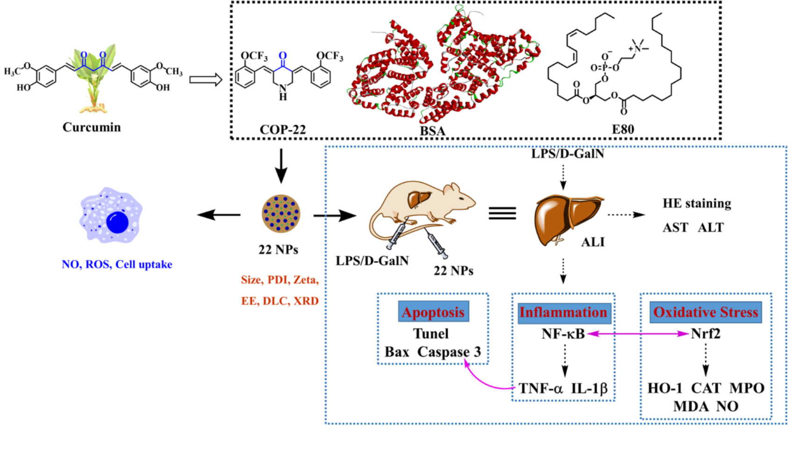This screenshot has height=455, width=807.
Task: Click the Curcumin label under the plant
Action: click(x=92, y=127)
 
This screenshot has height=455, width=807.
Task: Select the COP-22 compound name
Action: click(x=283, y=129)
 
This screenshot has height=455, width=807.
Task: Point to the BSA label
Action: click(x=432, y=131)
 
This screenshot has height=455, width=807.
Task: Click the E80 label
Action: click(x=623, y=129)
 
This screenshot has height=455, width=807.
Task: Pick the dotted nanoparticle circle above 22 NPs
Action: click(x=281, y=213)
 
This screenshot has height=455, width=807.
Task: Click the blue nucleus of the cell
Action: click(x=117, y=222)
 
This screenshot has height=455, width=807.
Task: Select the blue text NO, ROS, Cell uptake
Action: click(x=117, y=264)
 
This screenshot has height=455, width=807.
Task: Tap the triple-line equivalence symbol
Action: click(x=502, y=213)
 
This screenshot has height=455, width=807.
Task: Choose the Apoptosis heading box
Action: click(x=433, y=312)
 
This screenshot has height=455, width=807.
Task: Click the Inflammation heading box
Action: click(x=563, y=312)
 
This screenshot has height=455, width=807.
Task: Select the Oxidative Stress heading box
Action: click(x=706, y=312)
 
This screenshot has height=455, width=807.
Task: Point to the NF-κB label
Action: click(x=563, y=334)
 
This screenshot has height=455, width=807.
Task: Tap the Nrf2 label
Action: click(x=706, y=334)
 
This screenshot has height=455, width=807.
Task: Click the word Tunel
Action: click(x=431, y=334)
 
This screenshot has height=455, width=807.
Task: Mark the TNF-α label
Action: click(x=541, y=388)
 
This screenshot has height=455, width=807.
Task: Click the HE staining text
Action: click(x=697, y=204)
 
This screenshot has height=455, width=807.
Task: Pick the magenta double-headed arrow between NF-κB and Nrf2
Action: click(x=638, y=334)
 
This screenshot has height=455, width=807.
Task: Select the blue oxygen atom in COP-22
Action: click(x=283, y=56)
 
